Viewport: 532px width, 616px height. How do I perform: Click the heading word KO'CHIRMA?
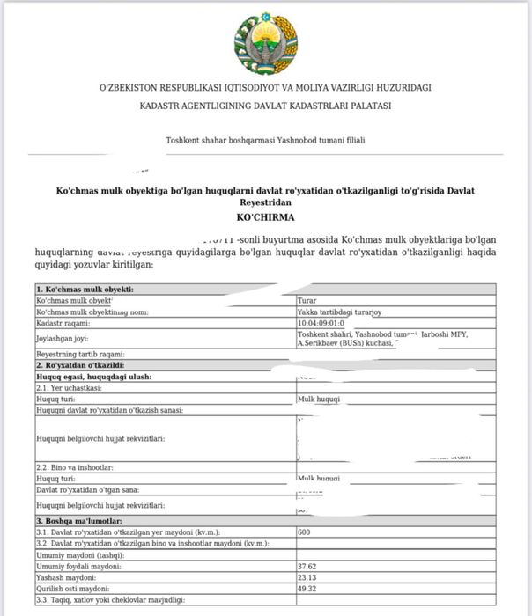pos(265,216)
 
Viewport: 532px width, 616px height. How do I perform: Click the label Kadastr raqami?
pos(63,323)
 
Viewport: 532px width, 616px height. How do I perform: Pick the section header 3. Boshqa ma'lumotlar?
pos(81,522)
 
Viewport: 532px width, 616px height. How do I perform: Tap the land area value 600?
pos(305,533)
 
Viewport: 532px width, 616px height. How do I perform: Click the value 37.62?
pos(307,567)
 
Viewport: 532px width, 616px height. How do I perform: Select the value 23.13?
pos(307,577)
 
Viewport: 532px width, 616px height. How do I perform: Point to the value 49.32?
pos(307,588)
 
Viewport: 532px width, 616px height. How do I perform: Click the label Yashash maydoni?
pos(67,577)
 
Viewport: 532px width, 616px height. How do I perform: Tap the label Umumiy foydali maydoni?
pos(78,567)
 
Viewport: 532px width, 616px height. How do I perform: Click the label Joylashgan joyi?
pos(63,339)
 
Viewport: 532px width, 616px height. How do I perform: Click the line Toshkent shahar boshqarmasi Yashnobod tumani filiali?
pos(265,141)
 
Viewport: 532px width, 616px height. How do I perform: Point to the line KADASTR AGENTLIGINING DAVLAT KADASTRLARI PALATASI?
pos(265,106)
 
